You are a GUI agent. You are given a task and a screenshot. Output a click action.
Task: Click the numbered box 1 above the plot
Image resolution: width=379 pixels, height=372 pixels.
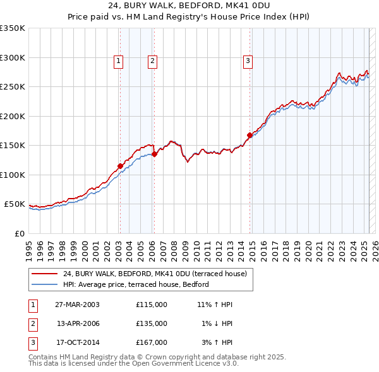119,61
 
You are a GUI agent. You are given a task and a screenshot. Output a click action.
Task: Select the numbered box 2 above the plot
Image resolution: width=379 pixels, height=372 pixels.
153,61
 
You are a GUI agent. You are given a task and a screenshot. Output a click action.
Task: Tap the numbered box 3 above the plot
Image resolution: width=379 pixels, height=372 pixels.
248,61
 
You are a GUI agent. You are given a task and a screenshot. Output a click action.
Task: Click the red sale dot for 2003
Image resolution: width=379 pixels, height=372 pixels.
120,166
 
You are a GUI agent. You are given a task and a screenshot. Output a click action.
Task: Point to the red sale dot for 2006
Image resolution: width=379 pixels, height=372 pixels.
154,154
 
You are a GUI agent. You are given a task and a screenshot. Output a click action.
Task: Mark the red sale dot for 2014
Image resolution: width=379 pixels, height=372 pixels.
250,135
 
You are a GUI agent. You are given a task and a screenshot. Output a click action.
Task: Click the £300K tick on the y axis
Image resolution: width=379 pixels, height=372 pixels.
13,57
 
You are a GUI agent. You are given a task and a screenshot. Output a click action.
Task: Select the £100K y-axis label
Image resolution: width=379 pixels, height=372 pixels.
13,175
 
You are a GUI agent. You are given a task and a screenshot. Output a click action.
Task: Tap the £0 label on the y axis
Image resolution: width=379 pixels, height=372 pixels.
19,233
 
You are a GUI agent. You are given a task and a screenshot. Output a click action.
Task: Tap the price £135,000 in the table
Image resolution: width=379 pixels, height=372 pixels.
152,323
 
